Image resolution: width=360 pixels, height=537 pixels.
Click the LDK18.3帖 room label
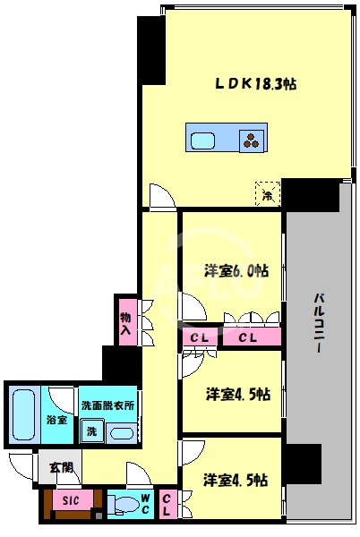point(255,83)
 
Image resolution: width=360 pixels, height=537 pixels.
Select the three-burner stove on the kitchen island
point(253,140)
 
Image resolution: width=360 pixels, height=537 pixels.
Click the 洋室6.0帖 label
point(236,271)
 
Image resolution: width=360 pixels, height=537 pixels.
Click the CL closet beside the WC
point(167,504)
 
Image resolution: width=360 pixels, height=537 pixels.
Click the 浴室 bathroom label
point(56,419)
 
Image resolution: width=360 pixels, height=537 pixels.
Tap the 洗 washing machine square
point(90,432)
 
